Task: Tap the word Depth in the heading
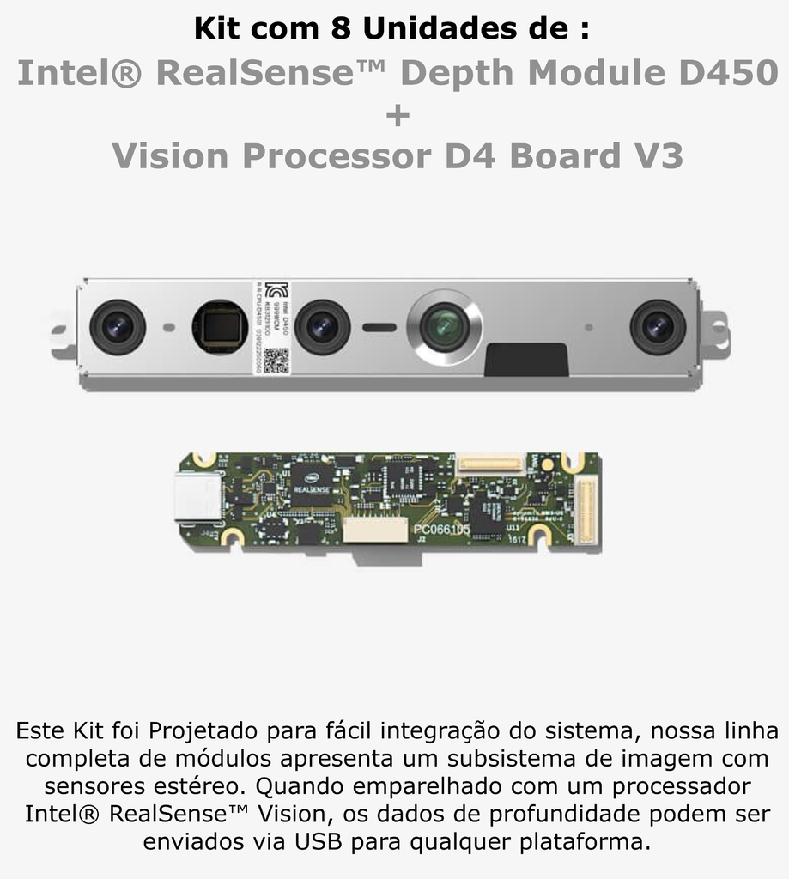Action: (459, 74)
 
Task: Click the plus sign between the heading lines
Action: (398, 115)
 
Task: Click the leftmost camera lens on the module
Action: (118, 326)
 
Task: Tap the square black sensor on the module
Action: (220, 327)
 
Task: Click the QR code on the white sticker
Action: (274, 360)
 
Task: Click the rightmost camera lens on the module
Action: (658, 326)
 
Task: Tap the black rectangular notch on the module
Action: (525, 360)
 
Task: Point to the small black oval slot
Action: (379, 327)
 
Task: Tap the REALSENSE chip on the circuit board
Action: (312, 482)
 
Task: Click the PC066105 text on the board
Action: (441, 530)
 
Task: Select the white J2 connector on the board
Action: (375, 529)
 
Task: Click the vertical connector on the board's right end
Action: (586, 511)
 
